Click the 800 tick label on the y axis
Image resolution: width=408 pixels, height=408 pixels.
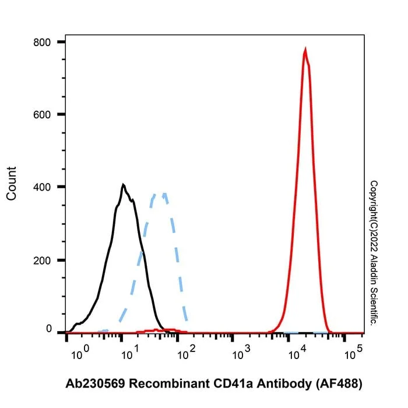pyautogui.click(x=41, y=42)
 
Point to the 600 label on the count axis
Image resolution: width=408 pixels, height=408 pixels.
pyautogui.click(x=41, y=115)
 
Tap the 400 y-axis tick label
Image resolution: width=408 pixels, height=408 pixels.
pyautogui.click(x=41, y=187)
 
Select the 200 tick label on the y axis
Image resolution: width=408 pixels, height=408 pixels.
pyautogui.click(x=41, y=261)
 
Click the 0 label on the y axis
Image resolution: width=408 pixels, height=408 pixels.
pyautogui.click(x=48, y=329)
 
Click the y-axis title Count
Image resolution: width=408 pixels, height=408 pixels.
pyautogui.click(x=12, y=184)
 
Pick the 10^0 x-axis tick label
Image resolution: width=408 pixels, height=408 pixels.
pyautogui.click(x=80, y=352)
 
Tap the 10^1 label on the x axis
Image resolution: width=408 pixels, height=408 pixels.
pyautogui.click(x=130, y=352)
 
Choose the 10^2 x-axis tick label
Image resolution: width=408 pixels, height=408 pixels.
pyautogui.click(x=187, y=352)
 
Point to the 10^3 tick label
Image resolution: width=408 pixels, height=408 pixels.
pyautogui.click(x=241, y=352)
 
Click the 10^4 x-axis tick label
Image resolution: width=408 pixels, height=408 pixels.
pyautogui.click(x=297, y=352)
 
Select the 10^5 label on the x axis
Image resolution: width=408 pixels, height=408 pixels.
pyautogui.click(x=353, y=352)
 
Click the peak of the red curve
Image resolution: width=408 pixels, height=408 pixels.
pyautogui.click(x=305, y=49)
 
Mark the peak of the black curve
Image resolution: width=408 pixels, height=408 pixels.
pyautogui.click(x=124, y=185)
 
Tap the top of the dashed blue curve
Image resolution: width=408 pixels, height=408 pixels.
pyautogui.click(x=159, y=194)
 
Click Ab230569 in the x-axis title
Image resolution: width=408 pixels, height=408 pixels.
pyautogui.click(x=96, y=384)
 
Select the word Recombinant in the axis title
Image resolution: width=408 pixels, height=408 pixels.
pyautogui.click(x=170, y=384)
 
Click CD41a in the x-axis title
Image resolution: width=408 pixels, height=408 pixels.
pyautogui.click(x=233, y=384)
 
